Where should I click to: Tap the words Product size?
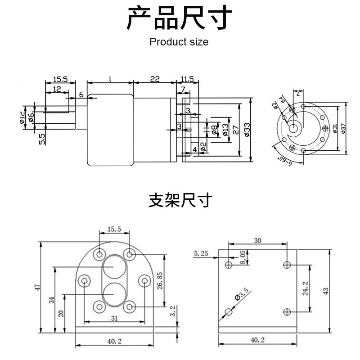pyautogui.click(x=179, y=42)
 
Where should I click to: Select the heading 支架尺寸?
pyautogui.click(x=180, y=200)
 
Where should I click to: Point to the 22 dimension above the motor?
pyautogui.click(x=154, y=79)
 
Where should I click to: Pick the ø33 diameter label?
pyautogui.click(x=247, y=129)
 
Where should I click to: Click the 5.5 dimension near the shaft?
pyautogui.click(x=42, y=138)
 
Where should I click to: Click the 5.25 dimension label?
pyautogui.click(x=201, y=254)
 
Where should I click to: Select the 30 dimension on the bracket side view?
pyautogui.click(x=257, y=241)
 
